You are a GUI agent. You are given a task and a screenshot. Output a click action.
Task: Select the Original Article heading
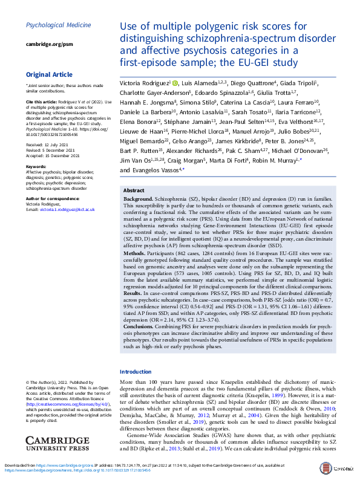pos(48,75)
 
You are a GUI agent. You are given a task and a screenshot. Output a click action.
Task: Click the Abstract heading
pos(134,189)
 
